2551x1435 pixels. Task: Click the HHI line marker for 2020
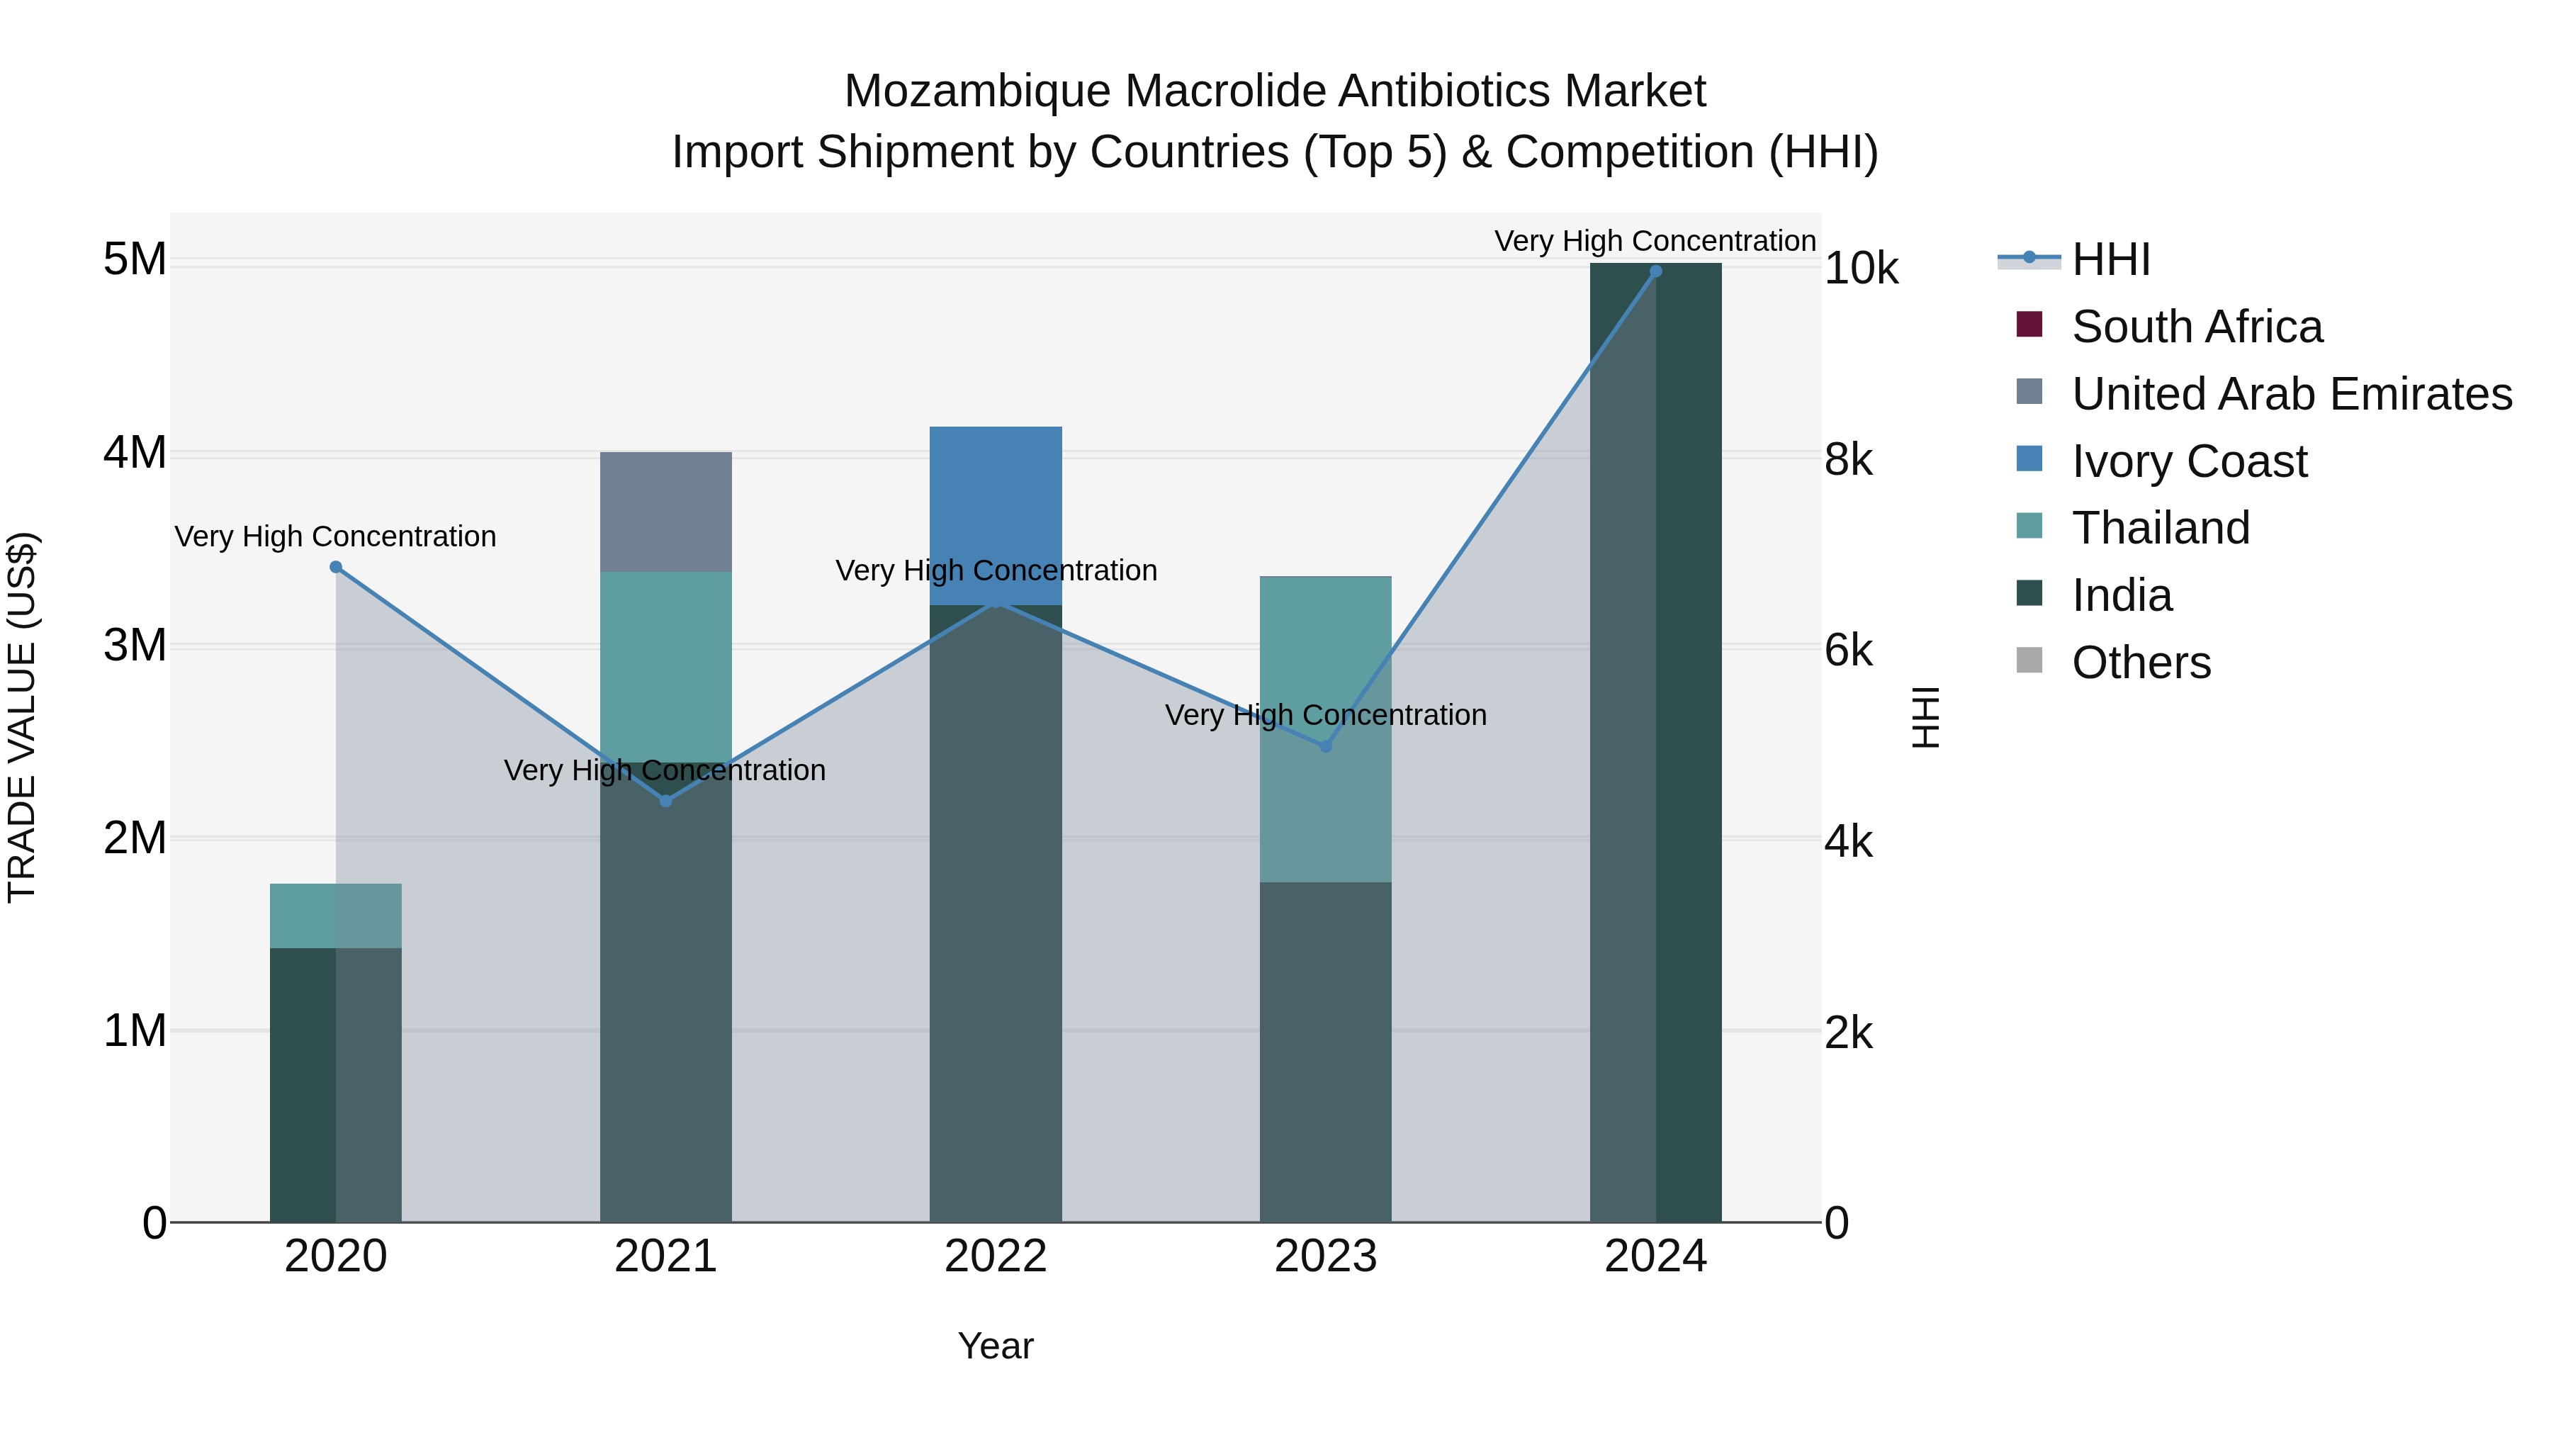click(x=336, y=568)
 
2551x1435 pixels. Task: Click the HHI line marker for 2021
click(x=665, y=801)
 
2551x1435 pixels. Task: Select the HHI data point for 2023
click(x=1326, y=745)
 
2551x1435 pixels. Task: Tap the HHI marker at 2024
click(x=1656, y=271)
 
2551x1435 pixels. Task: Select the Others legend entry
click(x=2140, y=663)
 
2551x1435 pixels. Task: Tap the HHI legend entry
click(x=2110, y=259)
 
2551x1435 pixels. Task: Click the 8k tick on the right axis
click(x=1849, y=459)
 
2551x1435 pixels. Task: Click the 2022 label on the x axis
click(x=996, y=1256)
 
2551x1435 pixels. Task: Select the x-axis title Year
click(x=996, y=1346)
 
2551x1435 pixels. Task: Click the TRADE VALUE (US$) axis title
click(x=22, y=717)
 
